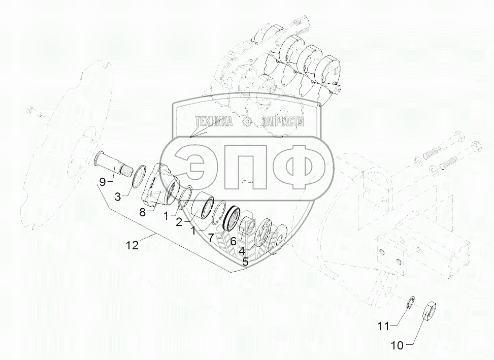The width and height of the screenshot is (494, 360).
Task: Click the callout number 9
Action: coord(103,182)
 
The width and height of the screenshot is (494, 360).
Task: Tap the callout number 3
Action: coord(117,198)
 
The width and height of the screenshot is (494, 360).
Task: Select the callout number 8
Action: coord(142,213)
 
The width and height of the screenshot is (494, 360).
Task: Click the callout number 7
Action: coord(211,238)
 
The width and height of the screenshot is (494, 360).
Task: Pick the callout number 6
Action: coord(234,242)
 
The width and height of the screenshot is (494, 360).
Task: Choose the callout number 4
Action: coord(242,251)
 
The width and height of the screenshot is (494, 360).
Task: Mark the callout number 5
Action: coord(245,261)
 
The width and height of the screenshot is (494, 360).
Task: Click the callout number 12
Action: coord(133,245)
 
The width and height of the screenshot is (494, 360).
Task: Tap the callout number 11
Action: coord(384,326)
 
